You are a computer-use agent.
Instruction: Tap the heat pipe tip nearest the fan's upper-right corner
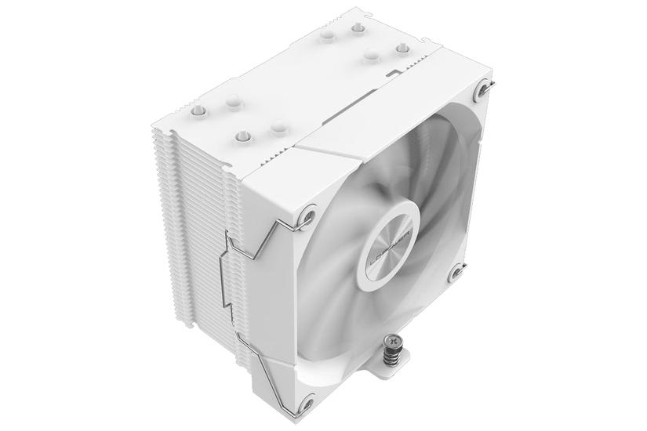(x=403, y=49)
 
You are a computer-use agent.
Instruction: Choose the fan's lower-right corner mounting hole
(x=457, y=272)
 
